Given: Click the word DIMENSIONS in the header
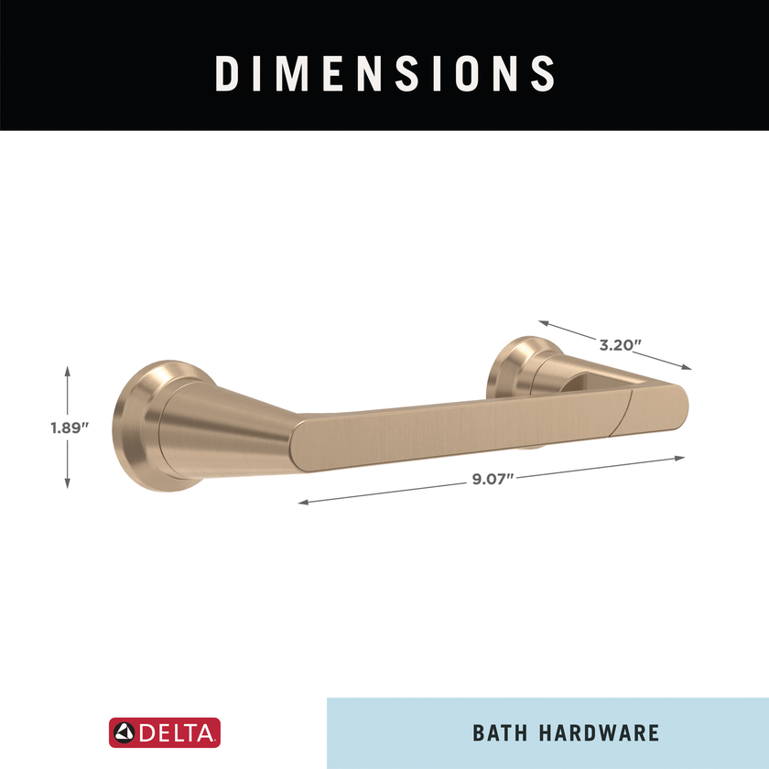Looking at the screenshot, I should tap(384, 72).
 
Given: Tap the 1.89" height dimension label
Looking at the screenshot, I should tap(69, 427).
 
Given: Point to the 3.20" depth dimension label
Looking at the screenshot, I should tap(620, 345).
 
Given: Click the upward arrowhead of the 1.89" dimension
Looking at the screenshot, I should tap(68, 369).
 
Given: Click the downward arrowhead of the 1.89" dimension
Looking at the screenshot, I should tap(68, 485).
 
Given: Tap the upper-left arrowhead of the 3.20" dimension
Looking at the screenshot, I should tap(542, 322).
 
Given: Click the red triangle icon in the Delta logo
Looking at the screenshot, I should tap(124, 732).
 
